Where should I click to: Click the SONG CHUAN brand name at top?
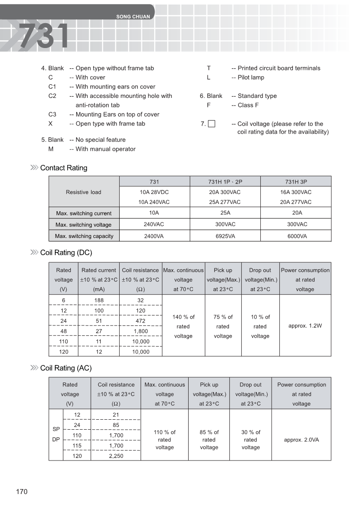pyautogui.click(x=133, y=17)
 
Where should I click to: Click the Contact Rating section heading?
pyautogui.click(x=63, y=168)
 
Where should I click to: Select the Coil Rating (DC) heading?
pyautogui.click(x=66, y=253)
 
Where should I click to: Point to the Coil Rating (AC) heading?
pyautogui.click(x=66, y=368)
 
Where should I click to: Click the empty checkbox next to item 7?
pyautogui.click(x=211, y=124)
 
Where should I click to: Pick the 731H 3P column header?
pyautogui.click(x=296, y=181)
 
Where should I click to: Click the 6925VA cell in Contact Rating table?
pyautogui.click(x=225, y=236)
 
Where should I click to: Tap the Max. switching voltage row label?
pyautogui.click(x=83, y=225)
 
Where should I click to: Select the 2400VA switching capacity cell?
pyautogui.click(x=154, y=236)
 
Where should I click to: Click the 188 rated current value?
pyautogui.click(x=98, y=301)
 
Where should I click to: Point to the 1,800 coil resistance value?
pyautogui.click(x=141, y=331)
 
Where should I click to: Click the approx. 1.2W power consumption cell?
pyautogui.click(x=305, y=326)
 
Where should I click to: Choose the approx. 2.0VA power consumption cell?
pyautogui.click(x=302, y=440)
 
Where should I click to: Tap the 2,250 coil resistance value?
pyautogui.click(x=116, y=456)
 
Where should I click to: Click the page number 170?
pyautogui.click(x=22, y=492)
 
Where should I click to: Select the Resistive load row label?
pyautogui.click(x=83, y=192)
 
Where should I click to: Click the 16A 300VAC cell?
pyautogui.click(x=296, y=192)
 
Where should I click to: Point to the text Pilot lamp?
pyautogui.click(x=251, y=78)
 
